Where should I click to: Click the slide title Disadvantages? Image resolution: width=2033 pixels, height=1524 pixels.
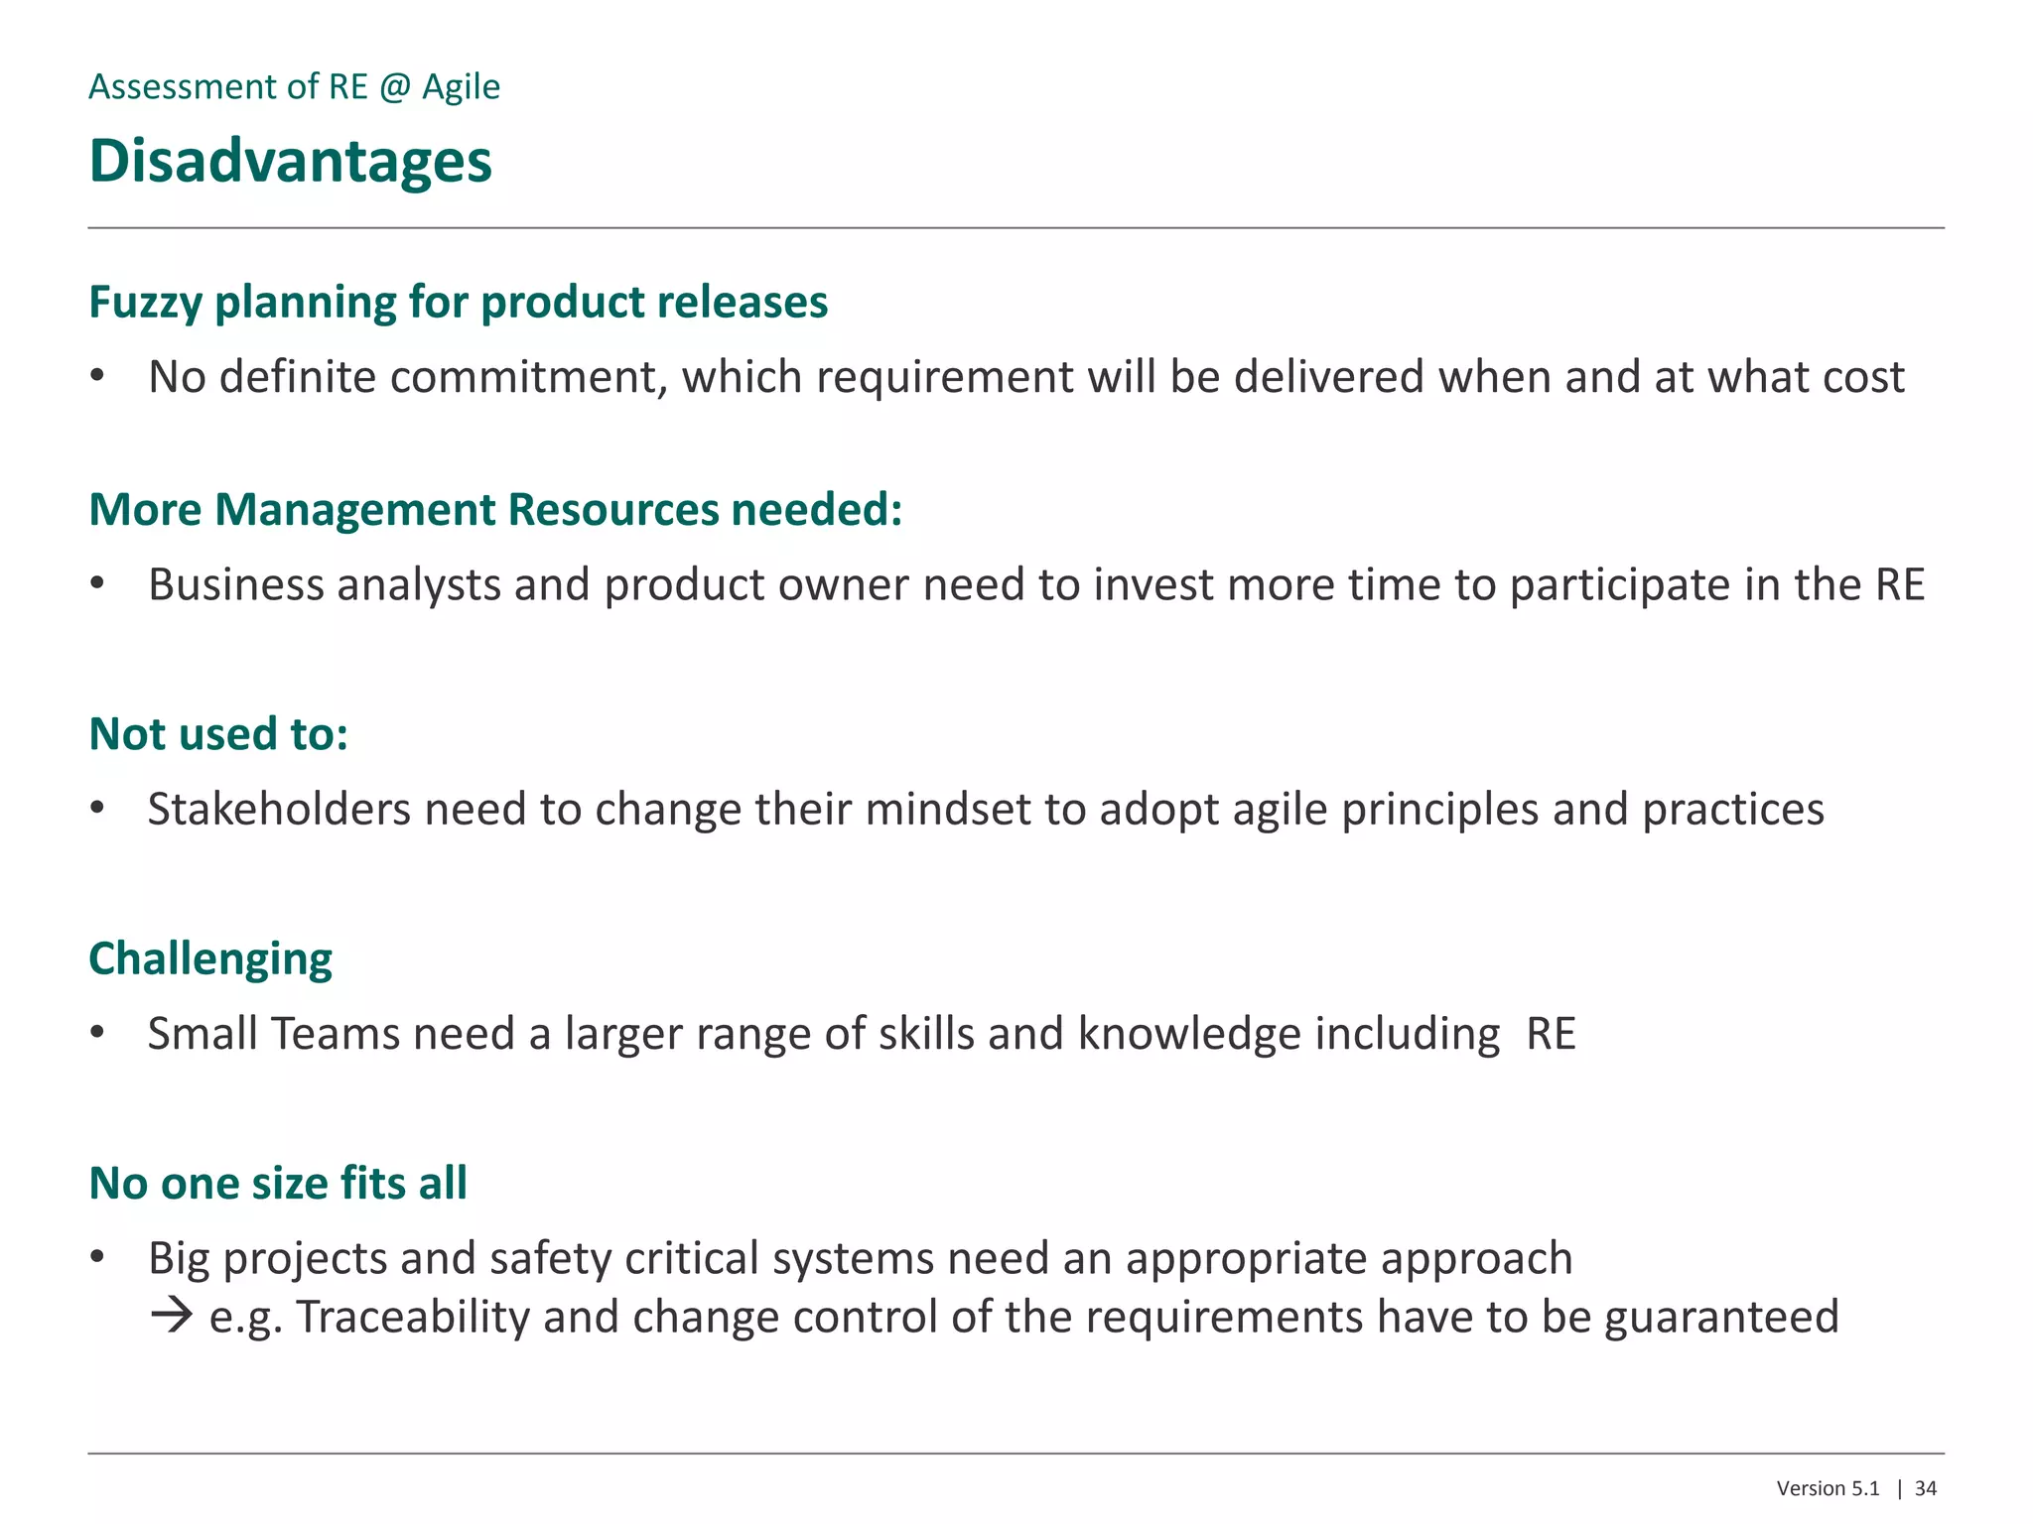pyautogui.click(x=290, y=161)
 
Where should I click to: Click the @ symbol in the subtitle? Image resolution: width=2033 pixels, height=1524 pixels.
pyautogui.click(x=395, y=87)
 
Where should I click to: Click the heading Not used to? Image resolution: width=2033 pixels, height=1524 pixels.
pyautogui.click(x=218, y=734)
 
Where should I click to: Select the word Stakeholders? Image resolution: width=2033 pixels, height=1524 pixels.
pyautogui.click(x=279, y=809)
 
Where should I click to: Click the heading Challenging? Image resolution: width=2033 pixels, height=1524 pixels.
pyautogui.click(x=210, y=959)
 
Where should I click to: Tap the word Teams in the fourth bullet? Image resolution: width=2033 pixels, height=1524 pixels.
pyautogui.click(x=336, y=1034)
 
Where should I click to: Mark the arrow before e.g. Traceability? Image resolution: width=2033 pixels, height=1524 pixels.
pyautogui.click(x=172, y=1317)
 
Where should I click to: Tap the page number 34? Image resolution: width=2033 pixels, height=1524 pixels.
pyautogui.click(x=1926, y=1488)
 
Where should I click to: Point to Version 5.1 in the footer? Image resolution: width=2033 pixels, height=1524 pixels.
pyautogui.click(x=1828, y=1488)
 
